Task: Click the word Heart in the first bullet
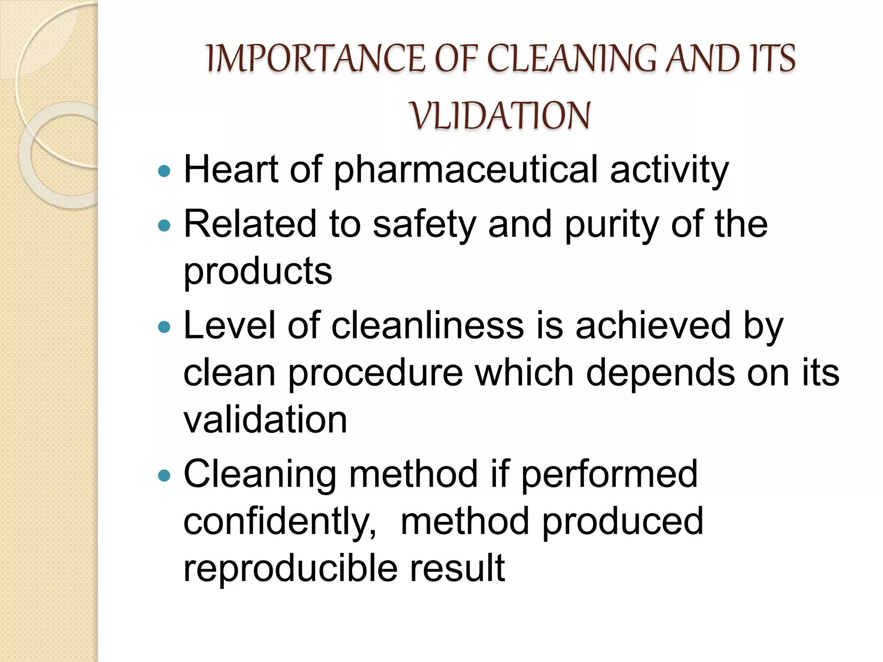pyautogui.click(x=231, y=169)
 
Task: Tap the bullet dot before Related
pyautogui.click(x=164, y=225)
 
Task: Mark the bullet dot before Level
pyautogui.click(x=164, y=327)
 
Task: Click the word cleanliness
pyautogui.click(x=427, y=325)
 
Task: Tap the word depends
pyautogui.click(x=660, y=373)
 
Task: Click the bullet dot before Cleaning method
pyautogui.click(x=164, y=476)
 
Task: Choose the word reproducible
pyautogui.click(x=290, y=568)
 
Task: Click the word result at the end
pyautogui.click(x=457, y=568)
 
